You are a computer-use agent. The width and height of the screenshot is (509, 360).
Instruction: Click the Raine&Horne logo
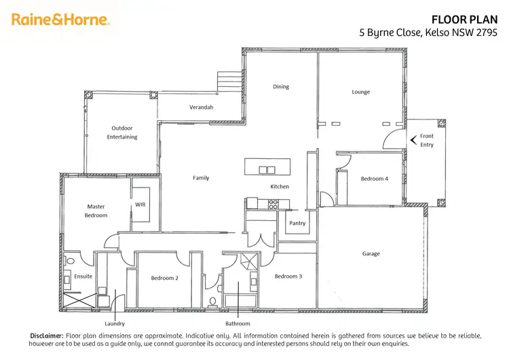click(x=60, y=20)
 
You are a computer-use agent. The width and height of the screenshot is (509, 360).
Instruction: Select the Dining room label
click(x=281, y=87)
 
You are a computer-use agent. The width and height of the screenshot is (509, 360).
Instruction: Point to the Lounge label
click(x=361, y=92)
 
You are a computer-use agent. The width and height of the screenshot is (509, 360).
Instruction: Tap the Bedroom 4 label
click(x=375, y=179)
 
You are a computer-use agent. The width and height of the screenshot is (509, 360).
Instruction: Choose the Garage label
click(x=371, y=254)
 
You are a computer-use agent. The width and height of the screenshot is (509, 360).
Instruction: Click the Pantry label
click(x=297, y=223)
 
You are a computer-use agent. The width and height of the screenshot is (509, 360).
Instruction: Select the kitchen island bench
click(x=268, y=166)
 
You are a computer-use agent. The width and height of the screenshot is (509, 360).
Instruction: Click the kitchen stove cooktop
click(x=274, y=202)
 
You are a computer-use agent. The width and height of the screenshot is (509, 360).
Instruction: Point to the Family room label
click(x=201, y=178)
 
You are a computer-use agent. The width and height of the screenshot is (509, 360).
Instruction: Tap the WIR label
click(x=140, y=204)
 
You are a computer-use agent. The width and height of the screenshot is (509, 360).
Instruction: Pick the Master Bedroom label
click(x=96, y=211)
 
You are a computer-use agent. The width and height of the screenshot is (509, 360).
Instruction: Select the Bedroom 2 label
click(x=164, y=278)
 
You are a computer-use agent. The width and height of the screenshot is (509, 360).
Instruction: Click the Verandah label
click(x=201, y=107)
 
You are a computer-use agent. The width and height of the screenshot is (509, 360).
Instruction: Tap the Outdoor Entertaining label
click(x=122, y=132)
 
